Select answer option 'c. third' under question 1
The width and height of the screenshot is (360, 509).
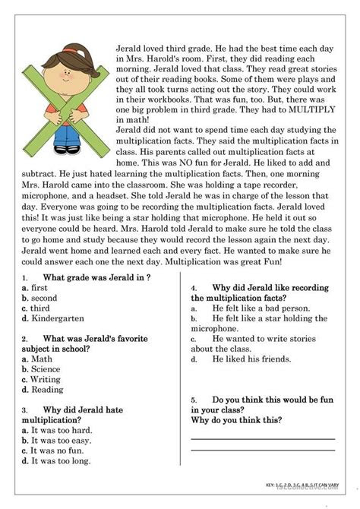(x=36, y=309)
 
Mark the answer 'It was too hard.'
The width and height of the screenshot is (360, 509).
(x=55, y=430)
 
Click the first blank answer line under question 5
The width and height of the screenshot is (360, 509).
(x=262, y=438)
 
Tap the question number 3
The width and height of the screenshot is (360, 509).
(x=26, y=408)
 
